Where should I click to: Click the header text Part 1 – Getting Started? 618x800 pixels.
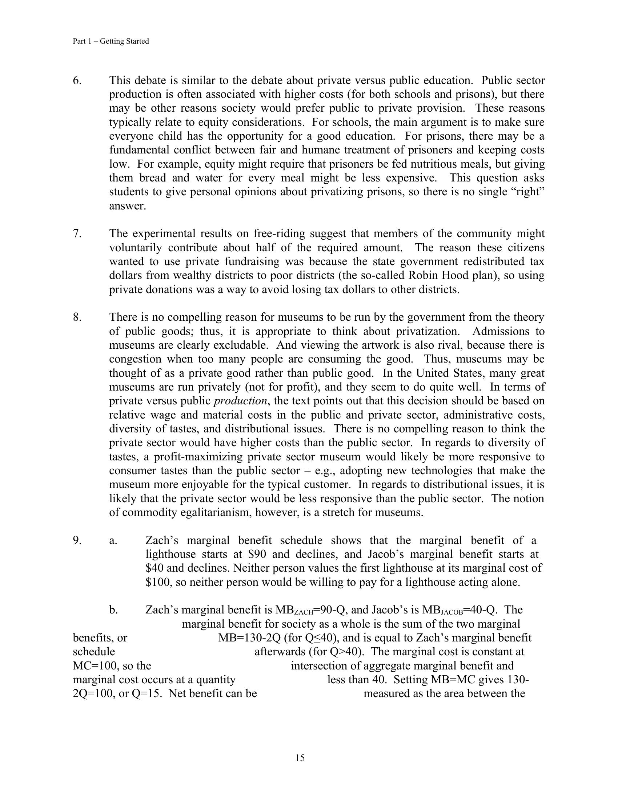click(x=111, y=41)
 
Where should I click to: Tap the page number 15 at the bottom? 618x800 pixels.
click(x=300, y=758)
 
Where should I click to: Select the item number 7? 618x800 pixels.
click(x=77, y=233)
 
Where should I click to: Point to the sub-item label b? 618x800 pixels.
click(x=113, y=610)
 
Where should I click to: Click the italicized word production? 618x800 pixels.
click(x=240, y=401)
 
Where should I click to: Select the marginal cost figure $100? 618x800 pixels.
click(x=158, y=582)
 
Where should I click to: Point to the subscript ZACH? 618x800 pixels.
click(x=304, y=612)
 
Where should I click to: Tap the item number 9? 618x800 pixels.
click(x=77, y=540)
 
